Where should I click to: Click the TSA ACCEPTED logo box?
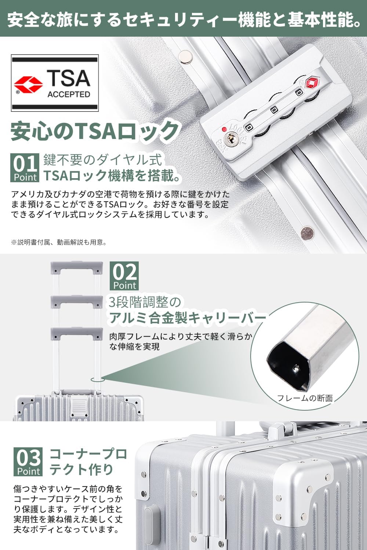click(x=55, y=83)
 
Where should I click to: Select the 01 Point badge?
click(x=25, y=168)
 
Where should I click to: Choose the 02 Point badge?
click(x=124, y=276)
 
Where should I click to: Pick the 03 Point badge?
click(x=28, y=462)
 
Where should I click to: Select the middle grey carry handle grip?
click(x=77, y=302)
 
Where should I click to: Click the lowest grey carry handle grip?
click(x=77, y=334)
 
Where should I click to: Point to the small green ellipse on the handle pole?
click(x=98, y=379)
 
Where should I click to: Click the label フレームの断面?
click(x=305, y=398)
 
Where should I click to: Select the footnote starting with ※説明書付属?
click(x=59, y=243)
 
